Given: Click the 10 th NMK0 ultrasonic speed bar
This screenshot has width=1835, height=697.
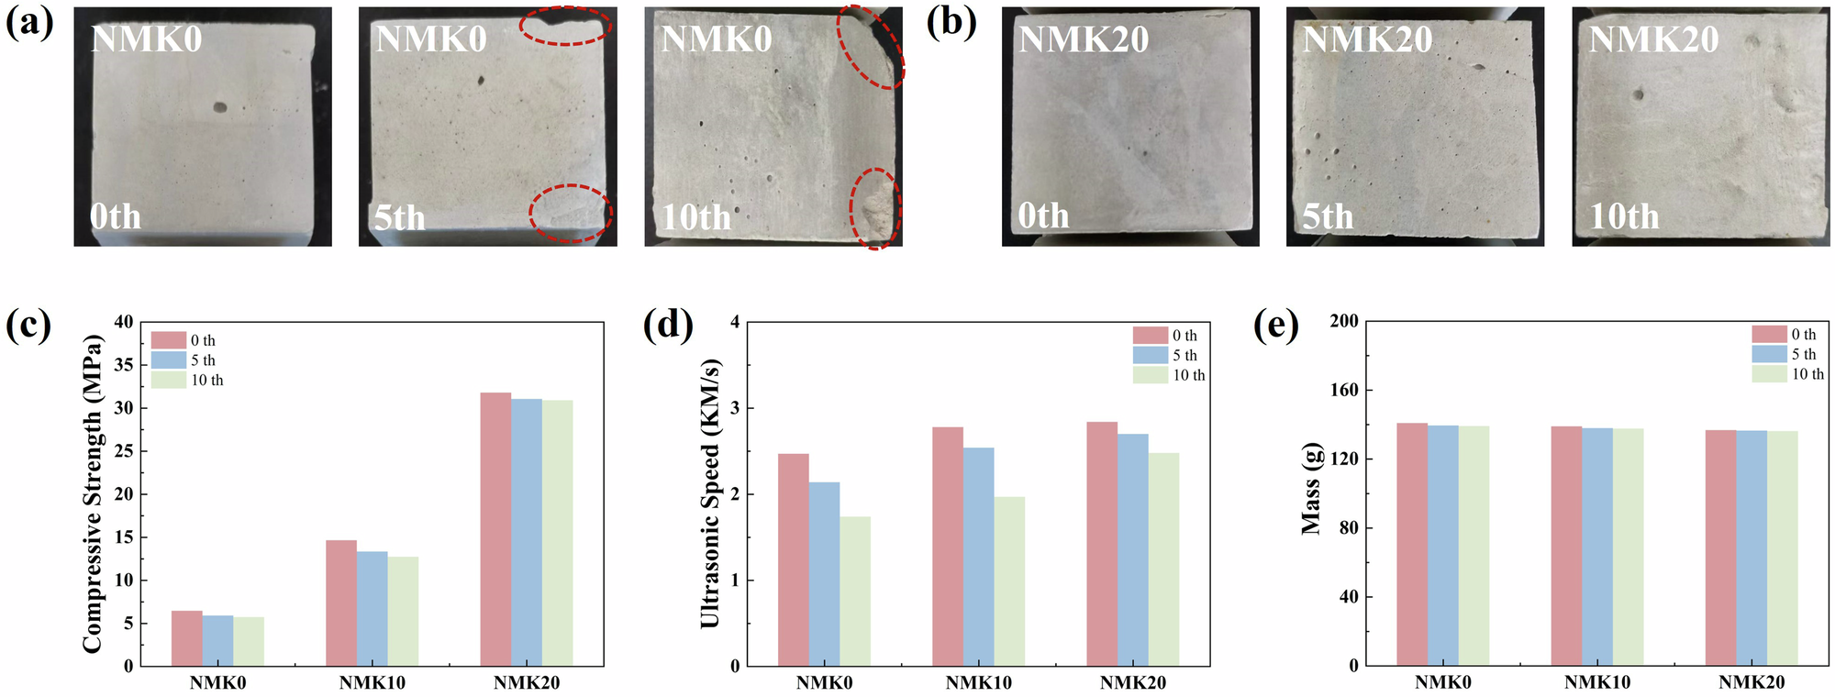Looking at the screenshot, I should tap(855, 592).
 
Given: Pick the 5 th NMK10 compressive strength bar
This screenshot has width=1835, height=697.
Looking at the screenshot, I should tap(372, 609).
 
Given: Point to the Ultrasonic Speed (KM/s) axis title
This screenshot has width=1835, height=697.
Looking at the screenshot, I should tap(710, 493).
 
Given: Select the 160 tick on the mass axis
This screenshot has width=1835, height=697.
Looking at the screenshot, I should tap(1344, 390).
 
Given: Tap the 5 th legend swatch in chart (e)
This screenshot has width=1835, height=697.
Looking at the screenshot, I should tap(1769, 354).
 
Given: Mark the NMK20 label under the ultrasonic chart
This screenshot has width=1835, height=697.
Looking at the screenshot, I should tap(1133, 682).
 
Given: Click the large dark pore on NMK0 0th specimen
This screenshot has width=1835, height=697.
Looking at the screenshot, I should tap(220, 107).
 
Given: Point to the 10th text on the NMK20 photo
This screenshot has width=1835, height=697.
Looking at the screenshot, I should tap(1624, 216).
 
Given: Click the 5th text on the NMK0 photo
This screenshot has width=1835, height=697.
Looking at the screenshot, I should tap(399, 217).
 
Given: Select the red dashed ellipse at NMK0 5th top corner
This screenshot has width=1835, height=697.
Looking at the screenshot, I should tap(565, 26).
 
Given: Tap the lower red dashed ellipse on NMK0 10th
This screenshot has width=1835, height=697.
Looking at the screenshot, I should tap(875, 209).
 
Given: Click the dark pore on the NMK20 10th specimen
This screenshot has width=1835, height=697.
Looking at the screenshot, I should tap(1638, 94).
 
